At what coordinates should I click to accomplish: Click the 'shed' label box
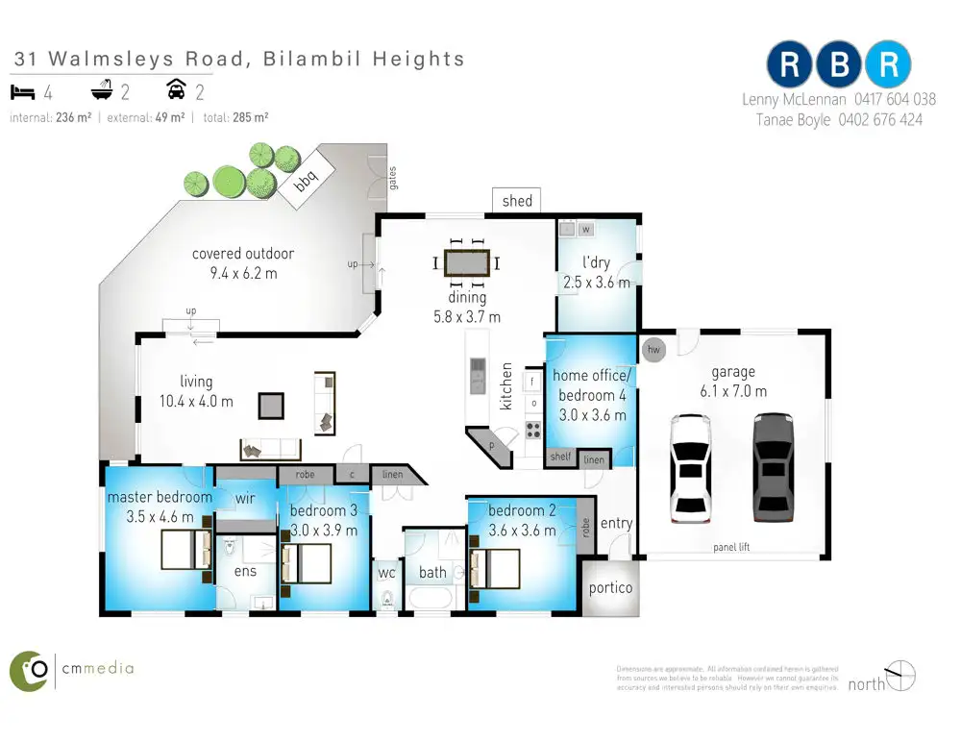pyautogui.click(x=516, y=201)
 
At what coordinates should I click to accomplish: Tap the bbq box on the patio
pyautogui.click(x=305, y=182)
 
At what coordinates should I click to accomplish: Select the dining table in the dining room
pyautogui.click(x=467, y=261)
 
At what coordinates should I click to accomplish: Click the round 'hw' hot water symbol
pyautogui.click(x=655, y=349)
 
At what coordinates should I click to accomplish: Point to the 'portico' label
pyautogui.click(x=610, y=588)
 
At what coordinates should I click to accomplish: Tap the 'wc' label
pyautogui.click(x=386, y=573)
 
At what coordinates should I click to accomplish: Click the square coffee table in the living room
pyautogui.click(x=271, y=406)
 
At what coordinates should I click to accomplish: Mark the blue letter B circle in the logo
pyautogui.click(x=839, y=64)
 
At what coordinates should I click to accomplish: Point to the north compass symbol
pyautogui.click(x=899, y=676)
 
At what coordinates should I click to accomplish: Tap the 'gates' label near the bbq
pyautogui.click(x=393, y=178)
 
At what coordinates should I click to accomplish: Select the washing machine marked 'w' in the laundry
pyautogui.click(x=584, y=230)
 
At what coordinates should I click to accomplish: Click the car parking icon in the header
pyautogui.click(x=177, y=92)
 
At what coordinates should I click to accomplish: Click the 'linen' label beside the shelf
pyautogui.click(x=594, y=460)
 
